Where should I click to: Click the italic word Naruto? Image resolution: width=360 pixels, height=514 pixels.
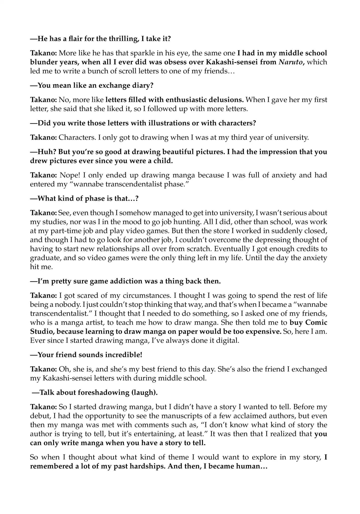(x=290, y=62)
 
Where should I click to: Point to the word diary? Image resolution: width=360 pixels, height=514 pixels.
(x=143, y=85)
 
